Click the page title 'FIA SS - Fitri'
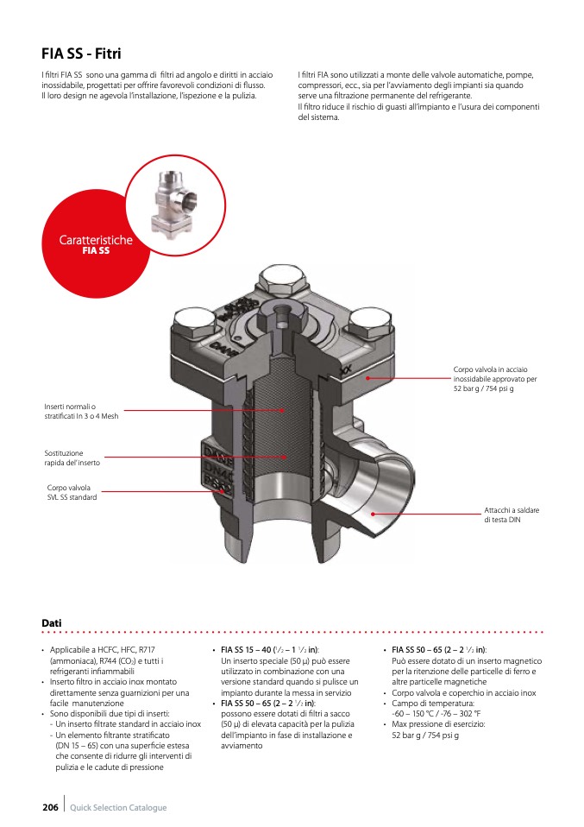click(x=81, y=54)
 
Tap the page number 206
click(x=50, y=807)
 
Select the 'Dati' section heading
click(x=52, y=622)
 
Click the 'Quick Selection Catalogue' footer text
click(x=118, y=807)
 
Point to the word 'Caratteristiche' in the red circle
click(x=96, y=240)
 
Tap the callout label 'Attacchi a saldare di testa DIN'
click(x=512, y=515)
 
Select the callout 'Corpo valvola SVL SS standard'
click(x=72, y=492)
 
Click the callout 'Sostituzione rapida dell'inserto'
click(x=72, y=458)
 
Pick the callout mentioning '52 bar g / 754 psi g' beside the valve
click(x=495, y=379)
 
